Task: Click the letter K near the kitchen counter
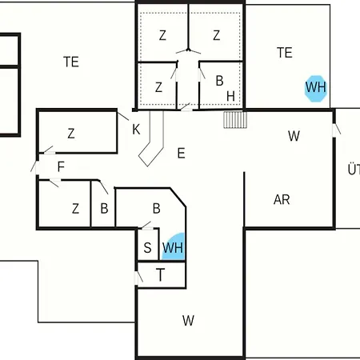(136, 130)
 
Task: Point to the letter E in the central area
(181, 154)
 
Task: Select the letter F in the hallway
(61, 166)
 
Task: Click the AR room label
(282, 199)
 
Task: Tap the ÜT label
(354, 170)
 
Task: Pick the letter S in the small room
(147, 248)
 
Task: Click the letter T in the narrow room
(160, 275)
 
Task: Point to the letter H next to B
(230, 96)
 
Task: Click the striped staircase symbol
(235, 120)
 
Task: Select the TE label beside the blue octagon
(285, 53)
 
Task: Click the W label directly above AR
(294, 136)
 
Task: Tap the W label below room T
(188, 321)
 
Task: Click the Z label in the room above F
(71, 134)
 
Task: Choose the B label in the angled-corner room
(157, 209)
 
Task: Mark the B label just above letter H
(219, 81)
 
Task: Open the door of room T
(138, 278)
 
